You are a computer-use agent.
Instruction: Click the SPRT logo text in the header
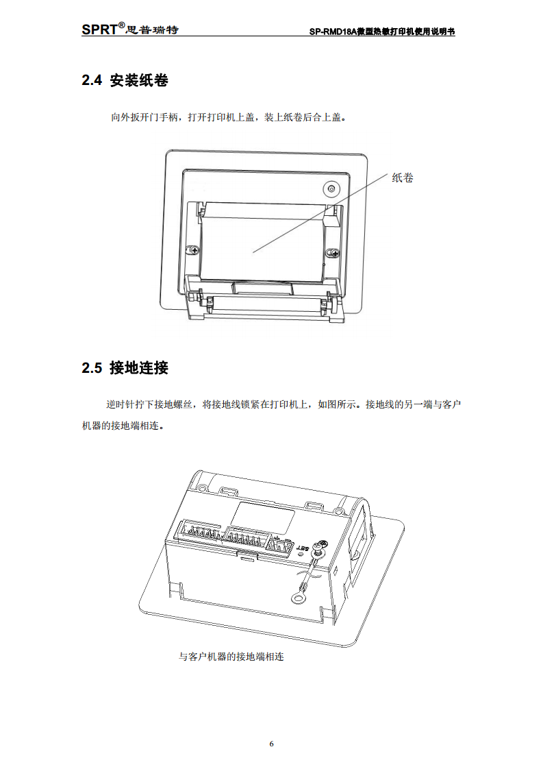click(x=99, y=29)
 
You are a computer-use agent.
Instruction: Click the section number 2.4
click(x=91, y=81)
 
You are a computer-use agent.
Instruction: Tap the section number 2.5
click(x=91, y=369)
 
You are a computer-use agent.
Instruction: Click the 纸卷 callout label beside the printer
click(x=403, y=178)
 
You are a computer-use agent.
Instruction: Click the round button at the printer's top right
click(x=331, y=188)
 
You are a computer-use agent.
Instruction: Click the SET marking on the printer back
click(x=302, y=549)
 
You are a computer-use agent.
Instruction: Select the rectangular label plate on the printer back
click(x=266, y=514)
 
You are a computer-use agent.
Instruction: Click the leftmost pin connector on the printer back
click(x=198, y=533)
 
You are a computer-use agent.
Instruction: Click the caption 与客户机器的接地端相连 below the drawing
click(x=231, y=657)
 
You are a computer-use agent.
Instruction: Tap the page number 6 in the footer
click(x=271, y=744)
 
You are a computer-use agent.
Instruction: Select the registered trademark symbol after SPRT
click(x=121, y=25)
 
